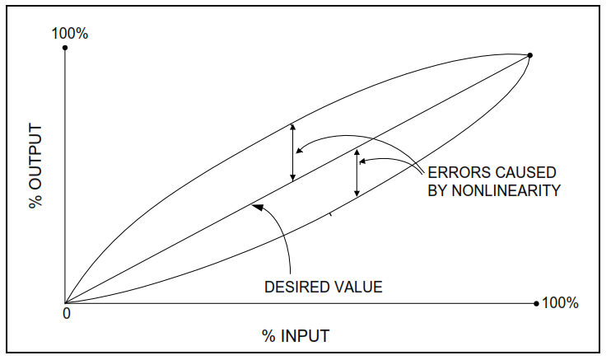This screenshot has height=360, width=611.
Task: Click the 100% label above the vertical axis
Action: click(x=69, y=34)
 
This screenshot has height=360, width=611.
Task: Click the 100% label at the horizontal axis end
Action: click(x=560, y=303)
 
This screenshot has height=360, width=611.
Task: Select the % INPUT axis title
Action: click(x=296, y=335)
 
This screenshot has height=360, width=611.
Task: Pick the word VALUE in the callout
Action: click(x=357, y=288)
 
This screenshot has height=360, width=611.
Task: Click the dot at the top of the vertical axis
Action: click(x=65, y=48)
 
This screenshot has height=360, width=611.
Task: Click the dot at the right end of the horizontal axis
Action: click(x=536, y=303)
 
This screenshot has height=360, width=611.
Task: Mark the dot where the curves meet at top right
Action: click(x=529, y=55)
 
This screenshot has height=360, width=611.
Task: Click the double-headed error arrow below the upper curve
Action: click(x=292, y=153)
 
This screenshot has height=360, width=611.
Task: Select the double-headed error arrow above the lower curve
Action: click(x=357, y=173)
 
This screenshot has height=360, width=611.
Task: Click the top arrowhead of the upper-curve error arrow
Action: click(x=292, y=126)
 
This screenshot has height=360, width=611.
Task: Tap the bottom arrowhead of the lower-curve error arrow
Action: click(x=357, y=194)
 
